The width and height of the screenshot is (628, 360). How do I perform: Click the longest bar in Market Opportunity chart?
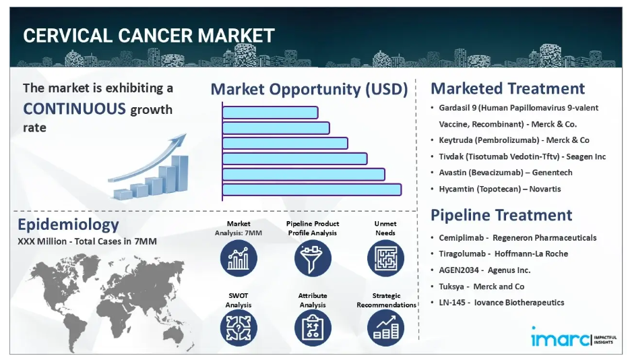coord(311,189)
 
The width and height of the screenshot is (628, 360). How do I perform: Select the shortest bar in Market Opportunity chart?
coord(270,113)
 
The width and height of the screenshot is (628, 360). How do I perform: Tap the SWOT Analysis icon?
coord(239,328)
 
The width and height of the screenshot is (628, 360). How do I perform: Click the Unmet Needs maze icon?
coord(385,258)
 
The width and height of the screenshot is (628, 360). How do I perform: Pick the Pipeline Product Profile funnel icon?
coord(313,258)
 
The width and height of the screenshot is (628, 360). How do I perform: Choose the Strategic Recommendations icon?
coord(385,328)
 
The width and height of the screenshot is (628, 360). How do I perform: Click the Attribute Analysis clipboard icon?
coord(313,328)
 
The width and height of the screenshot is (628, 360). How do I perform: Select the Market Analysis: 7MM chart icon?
coord(239,258)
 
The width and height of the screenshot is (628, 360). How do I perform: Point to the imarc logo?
coord(573,337)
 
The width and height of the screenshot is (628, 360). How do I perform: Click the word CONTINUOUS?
coord(75,109)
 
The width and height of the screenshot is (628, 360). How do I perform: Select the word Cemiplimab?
coord(461,238)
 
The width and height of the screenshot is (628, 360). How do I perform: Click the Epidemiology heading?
coord(68,224)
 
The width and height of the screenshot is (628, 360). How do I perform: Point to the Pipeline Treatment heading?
coord(501,215)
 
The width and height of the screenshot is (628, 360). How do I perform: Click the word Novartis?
coord(545,189)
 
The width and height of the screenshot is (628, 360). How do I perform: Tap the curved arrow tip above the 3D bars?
coord(185,135)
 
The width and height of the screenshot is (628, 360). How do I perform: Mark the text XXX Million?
coord(42,241)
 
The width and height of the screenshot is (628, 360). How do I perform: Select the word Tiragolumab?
coord(462,253)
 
